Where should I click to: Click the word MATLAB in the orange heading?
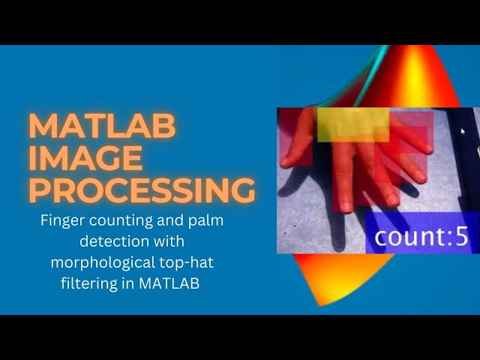click(x=102, y=127)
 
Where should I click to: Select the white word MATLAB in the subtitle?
click(x=174, y=283)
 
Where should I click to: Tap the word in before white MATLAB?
click(x=138, y=283)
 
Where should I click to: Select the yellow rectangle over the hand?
click(x=352, y=125)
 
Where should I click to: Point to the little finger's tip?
click(x=428, y=149)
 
